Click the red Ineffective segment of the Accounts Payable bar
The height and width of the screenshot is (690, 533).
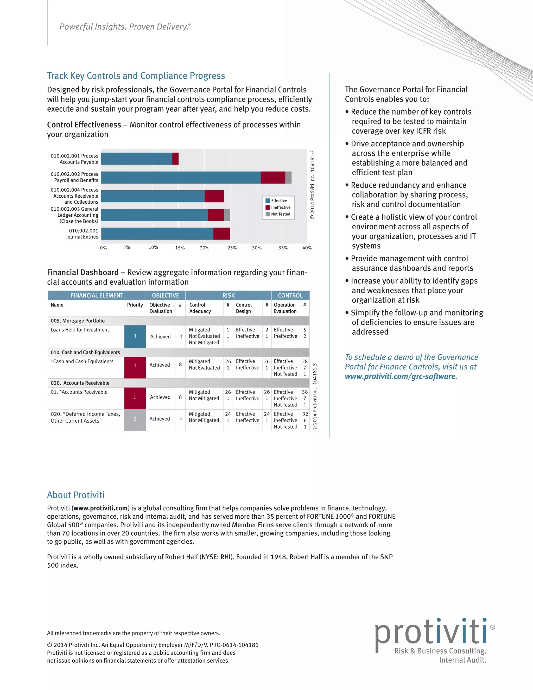pyautogui.click(x=176, y=159)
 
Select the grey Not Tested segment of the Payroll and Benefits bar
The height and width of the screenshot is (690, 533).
pyautogui.click(x=288, y=178)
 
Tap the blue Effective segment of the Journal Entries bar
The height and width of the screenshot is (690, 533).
pyautogui.click(x=157, y=234)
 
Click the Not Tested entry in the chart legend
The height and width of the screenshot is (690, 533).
pyautogui.click(x=280, y=214)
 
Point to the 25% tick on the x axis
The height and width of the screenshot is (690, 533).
pyautogui.click(x=232, y=248)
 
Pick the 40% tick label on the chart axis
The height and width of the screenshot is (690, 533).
pyautogui.click(x=307, y=248)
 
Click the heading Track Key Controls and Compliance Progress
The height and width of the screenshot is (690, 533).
pyautogui.click(x=136, y=76)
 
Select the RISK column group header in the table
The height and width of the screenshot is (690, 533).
pyautogui.click(x=228, y=296)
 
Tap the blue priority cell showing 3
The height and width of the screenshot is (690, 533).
pyautogui.click(x=135, y=336)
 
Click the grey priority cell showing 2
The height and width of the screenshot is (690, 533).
pyautogui.click(x=135, y=419)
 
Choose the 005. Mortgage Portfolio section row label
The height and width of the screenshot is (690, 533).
pyautogui.click(x=78, y=321)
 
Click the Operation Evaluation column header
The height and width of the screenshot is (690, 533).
pyautogui.click(x=285, y=308)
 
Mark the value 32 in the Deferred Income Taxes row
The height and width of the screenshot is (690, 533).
pyautogui.click(x=305, y=414)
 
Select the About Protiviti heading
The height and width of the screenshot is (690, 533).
pyautogui.click(x=76, y=495)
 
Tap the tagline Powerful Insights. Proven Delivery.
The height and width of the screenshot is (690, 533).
pyautogui.click(x=125, y=27)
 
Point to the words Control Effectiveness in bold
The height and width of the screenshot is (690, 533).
pyautogui.click(x=84, y=125)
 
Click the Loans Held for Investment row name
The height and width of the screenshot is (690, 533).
pyautogui.click(x=80, y=330)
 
